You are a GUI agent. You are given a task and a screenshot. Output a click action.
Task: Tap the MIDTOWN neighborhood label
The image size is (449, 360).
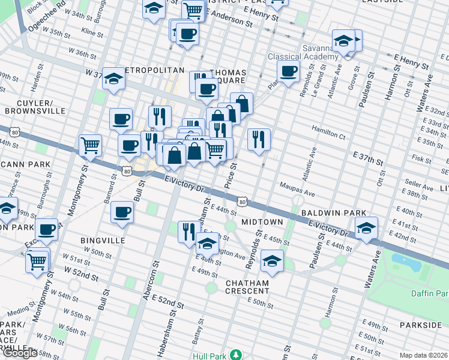(262, 222)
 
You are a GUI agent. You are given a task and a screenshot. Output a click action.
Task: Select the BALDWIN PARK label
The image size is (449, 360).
(325, 213)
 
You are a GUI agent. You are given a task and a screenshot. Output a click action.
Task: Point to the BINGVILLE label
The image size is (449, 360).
(103, 240)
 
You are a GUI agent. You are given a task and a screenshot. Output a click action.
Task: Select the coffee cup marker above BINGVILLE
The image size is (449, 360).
(122, 212)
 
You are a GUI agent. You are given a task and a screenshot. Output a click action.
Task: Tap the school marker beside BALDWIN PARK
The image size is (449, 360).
(366, 227)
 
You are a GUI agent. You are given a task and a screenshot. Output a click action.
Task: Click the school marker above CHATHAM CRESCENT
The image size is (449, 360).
(272, 261)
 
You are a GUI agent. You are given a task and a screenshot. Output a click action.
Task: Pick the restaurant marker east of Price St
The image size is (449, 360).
(259, 139)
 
